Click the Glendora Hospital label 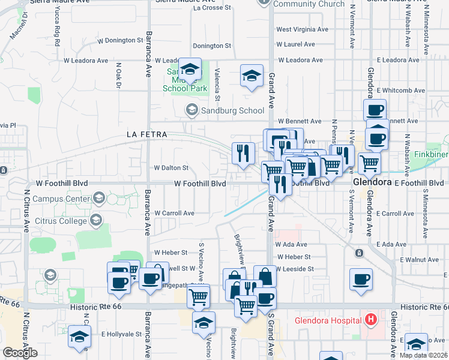coord(327,320)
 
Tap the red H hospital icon coord(371,319)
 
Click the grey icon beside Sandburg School coord(191,110)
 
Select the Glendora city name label coord(373,181)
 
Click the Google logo coord(20,352)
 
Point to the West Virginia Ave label coord(303,29)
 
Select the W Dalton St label coord(171,168)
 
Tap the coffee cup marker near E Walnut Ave coord(361,280)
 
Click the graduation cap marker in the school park coord(190,71)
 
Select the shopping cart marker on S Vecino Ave coord(198,296)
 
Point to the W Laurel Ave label coord(295,44)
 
